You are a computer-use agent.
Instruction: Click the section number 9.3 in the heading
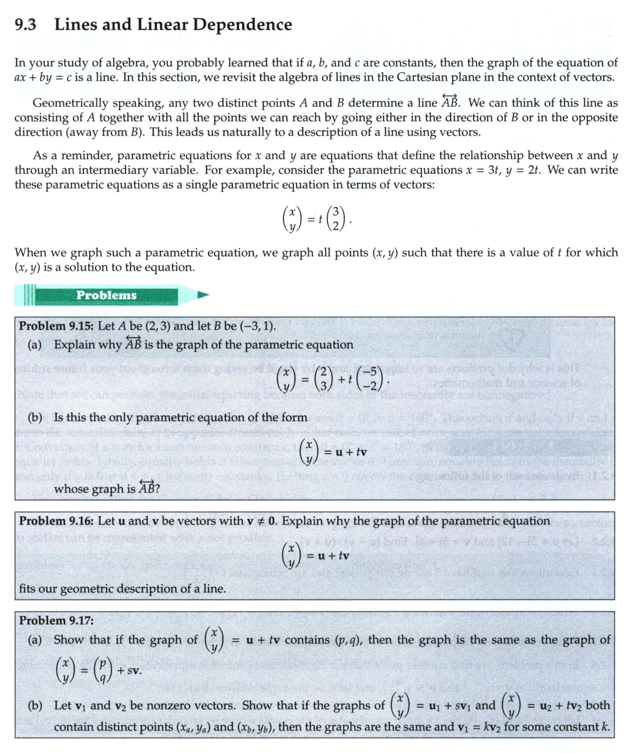point(25,25)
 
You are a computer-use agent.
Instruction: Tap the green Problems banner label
point(106,295)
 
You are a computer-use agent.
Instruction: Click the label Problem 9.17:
point(56,620)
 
